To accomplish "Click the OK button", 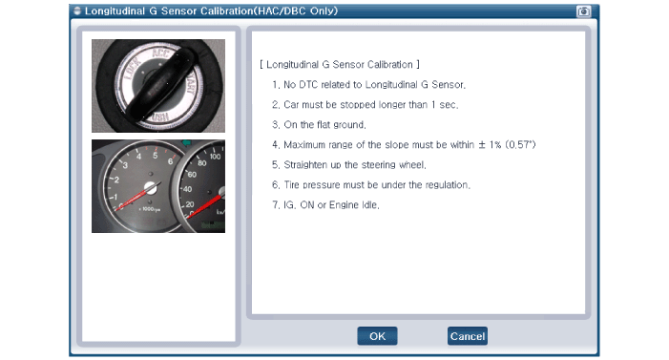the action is pyautogui.click(x=377, y=336).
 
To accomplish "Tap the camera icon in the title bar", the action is pyautogui.click(x=583, y=11).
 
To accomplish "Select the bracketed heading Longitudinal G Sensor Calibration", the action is pyautogui.click(x=340, y=65).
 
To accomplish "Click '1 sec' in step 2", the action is pyautogui.click(x=444, y=105).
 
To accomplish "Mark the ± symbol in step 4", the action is pyautogui.click(x=482, y=145).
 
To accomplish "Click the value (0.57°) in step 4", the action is pyautogui.click(x=520, y=145).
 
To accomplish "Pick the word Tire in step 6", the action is pyautogui.click(x=291, y=185).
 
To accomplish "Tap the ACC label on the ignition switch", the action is pyautogui.click(x=160, y=53).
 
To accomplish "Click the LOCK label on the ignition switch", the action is pyautogui.click(x=133, y=69).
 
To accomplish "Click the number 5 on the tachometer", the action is pyautogui.click(x=155, y=156).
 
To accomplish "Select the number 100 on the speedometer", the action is pyautogui.click(x=215, y=157).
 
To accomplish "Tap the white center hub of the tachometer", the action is pyautogui.click(x=150, y=187).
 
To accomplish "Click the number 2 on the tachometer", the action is pyautogui.click(x=116, y=180).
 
